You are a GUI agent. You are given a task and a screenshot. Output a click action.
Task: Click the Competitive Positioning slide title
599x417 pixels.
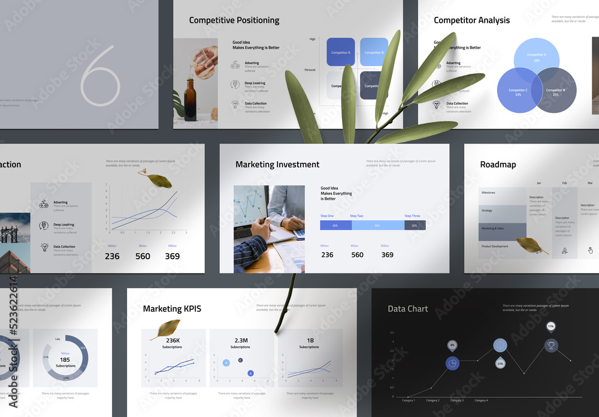(234, 20)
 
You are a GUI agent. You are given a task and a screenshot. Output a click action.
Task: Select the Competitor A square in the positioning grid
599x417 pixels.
(340, 52)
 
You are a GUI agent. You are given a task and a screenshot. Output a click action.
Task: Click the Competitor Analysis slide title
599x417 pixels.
(471, 20)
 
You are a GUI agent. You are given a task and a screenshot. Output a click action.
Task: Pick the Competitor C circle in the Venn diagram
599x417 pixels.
(518, 92)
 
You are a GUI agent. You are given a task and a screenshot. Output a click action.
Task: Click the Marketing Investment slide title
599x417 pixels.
(277, 164)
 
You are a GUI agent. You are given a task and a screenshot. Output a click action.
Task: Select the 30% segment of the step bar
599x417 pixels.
(335, 226)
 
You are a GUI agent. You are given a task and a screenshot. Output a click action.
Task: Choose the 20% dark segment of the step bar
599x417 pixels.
(415, 226)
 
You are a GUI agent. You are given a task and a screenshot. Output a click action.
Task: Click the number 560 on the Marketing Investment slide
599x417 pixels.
(357, 255)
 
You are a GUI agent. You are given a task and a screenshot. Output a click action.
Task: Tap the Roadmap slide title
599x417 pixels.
(498, 164)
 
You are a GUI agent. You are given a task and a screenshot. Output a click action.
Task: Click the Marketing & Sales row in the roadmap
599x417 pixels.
(502, 229)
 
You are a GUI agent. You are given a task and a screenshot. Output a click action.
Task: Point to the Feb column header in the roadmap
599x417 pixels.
(564, 182)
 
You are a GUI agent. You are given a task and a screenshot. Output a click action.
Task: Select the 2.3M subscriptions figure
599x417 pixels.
(240, 341)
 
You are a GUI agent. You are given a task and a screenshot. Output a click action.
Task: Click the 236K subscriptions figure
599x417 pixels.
(173, 341)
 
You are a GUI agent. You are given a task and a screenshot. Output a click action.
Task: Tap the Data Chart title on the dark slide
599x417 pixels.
(408, 309)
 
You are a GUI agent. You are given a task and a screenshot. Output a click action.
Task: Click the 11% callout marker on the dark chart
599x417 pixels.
(550, 326)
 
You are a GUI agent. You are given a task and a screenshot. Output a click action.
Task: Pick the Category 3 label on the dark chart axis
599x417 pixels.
(456, 400)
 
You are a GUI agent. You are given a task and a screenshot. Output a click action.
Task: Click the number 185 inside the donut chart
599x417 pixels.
(65, 359)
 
